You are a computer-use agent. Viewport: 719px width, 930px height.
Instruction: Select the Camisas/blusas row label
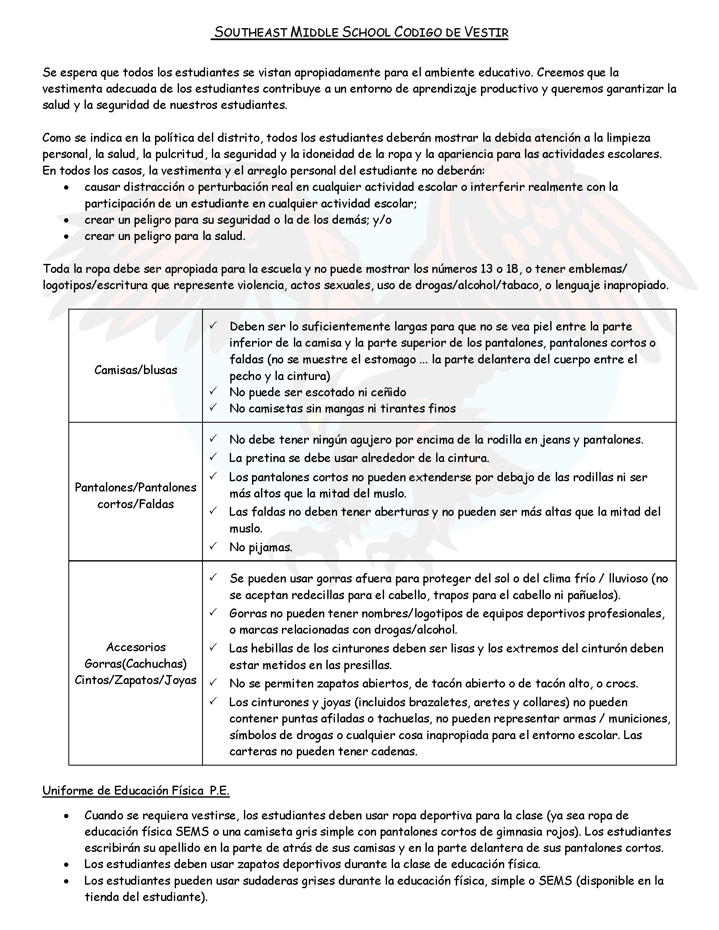[x=135, y=370]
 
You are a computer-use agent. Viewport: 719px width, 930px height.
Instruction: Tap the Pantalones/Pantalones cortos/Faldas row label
[x=135, y=495]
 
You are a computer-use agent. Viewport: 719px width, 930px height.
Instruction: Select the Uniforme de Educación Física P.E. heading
[x=136, y=790]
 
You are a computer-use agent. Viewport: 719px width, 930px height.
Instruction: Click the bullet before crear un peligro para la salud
[x=66, y=237]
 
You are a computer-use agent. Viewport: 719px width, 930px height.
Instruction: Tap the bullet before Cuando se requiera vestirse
[x=66, y=816]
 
